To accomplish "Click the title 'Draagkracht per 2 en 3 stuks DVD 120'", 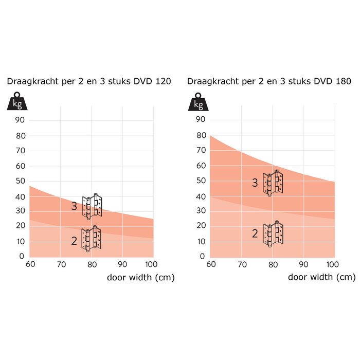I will [x=88, y=81].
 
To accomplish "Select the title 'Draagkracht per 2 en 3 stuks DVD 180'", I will [x=269, y=81].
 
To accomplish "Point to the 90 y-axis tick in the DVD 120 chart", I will [x=21, y=120].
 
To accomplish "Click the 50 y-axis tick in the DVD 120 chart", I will [x=21, y=181].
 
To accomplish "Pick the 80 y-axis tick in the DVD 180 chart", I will [x=201, y=135].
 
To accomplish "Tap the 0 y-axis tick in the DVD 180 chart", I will [x=203, y=256].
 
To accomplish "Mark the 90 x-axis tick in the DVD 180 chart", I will [x=303, y=265].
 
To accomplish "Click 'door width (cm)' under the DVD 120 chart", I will [x=140, y=278].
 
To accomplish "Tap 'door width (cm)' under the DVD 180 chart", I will [x=321, y=278].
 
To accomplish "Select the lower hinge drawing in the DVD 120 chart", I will [x=92, y=239].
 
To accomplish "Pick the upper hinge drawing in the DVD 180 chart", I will [x=273, y=184].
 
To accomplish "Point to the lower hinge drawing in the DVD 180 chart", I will [x=273, y=234].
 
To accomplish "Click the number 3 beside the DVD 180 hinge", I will [x=255, y=183].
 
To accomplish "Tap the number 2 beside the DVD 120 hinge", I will [x=74, y=241].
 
